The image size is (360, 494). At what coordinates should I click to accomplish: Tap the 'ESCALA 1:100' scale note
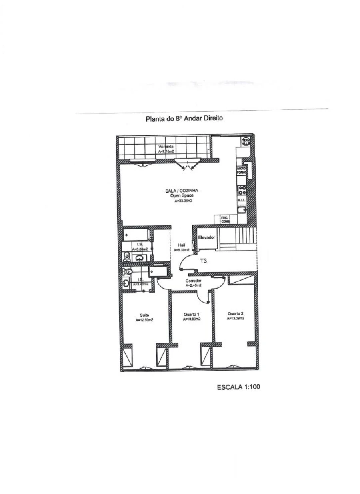238,387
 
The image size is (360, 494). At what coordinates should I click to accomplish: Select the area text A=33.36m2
184,201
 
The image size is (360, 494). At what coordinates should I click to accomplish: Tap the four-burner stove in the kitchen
242,189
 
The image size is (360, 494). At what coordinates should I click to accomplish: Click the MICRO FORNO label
241,171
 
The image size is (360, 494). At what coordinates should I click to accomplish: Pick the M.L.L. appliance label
241,199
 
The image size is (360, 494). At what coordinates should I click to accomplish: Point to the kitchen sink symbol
242,210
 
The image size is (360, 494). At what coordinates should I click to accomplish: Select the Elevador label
207,237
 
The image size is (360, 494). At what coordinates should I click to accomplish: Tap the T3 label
204,261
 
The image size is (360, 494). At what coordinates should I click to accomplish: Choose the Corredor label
193,281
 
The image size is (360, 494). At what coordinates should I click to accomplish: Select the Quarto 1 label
192,314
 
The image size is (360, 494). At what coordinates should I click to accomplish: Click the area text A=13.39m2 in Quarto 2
235,319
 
